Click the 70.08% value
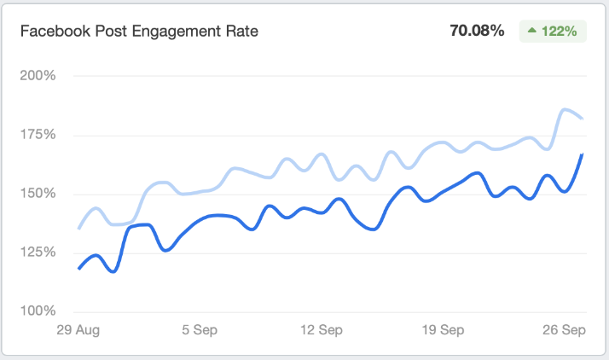(x=477, y=32)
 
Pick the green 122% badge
(x=553, y=32)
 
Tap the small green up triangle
(x=531, y=32)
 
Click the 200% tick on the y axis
(x=38, y=75)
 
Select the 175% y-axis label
(x=38, y=134)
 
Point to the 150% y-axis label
(x=38, y=193)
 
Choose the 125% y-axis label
(x=38, y=252)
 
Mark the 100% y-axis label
(x=38, y=311)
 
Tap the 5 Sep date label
(x=198, y=330)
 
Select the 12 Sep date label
(x=322, y=330)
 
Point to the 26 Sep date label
(x=565, y=330)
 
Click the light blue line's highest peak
(x=565, y=109)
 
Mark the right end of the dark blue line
(x=583, y=154)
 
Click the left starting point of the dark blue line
(x=78, y=269)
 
